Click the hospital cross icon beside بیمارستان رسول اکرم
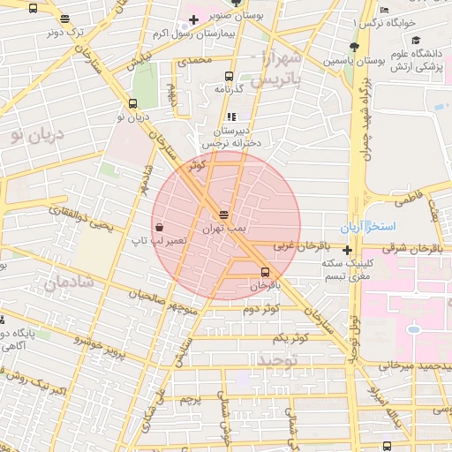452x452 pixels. click(x=193, y=19)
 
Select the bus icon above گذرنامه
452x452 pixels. click(x=230, y=77)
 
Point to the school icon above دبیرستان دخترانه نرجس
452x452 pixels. click(x=231, y=116)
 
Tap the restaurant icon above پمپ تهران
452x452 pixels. click(x=224, y=215)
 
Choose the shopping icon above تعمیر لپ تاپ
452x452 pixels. click(x=158, y=226)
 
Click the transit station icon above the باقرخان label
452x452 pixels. click(x=265, y=271)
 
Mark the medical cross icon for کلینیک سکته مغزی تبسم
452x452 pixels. click(x=348, y=250)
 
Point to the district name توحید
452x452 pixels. click(x=279, y=360)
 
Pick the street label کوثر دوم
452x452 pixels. click(x=261, y=308)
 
